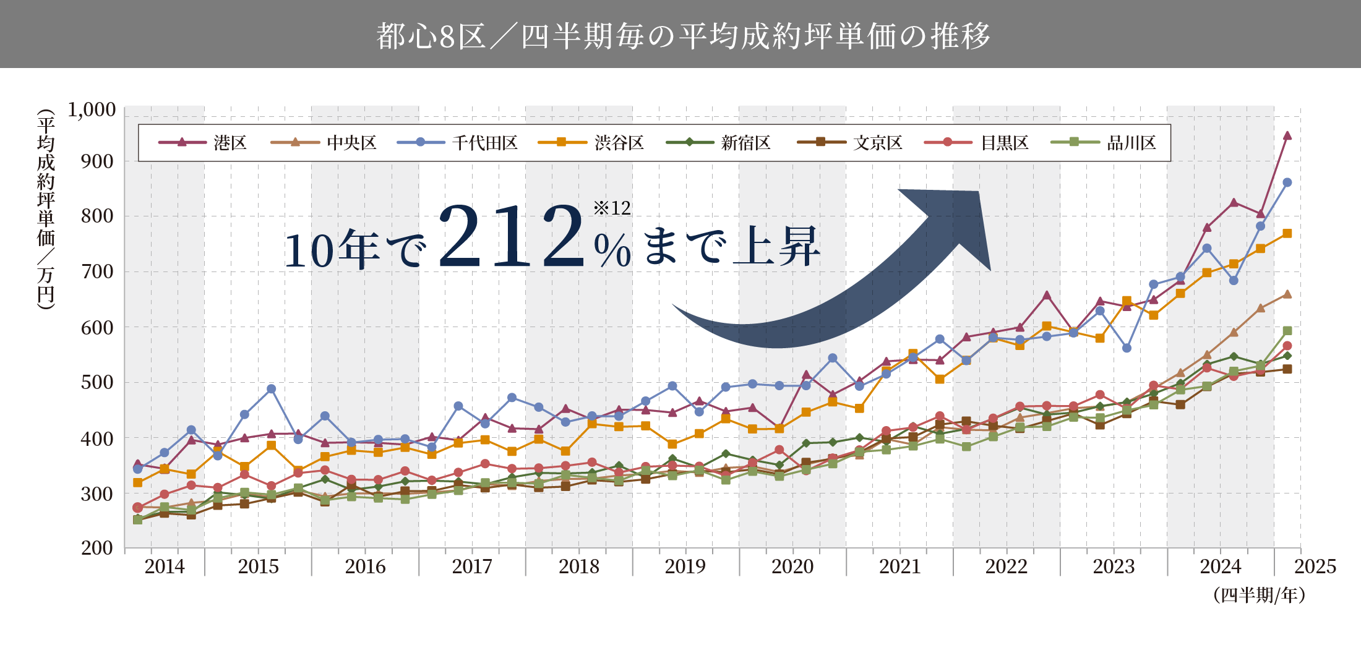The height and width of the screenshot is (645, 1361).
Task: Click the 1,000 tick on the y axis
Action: [x=92, y=110]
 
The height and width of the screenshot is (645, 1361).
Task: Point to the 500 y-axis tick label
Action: [x=97, y=382]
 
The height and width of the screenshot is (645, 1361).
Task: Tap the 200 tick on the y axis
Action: [x=97, y=548]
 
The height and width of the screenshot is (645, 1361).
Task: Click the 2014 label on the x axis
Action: [x=165, y=566]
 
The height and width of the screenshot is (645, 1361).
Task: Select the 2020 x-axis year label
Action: [x=792, y=566]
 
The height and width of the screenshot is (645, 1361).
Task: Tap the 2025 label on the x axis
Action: [x=1315, y=566]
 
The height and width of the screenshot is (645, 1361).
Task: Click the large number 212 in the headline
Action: [x=511, y=238]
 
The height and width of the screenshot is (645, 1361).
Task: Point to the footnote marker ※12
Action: [x=612, y=208]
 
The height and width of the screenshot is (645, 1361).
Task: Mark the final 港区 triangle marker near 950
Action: [x=1287, y=136]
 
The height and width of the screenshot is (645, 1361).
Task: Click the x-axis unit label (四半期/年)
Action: [x=1259, y=595]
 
